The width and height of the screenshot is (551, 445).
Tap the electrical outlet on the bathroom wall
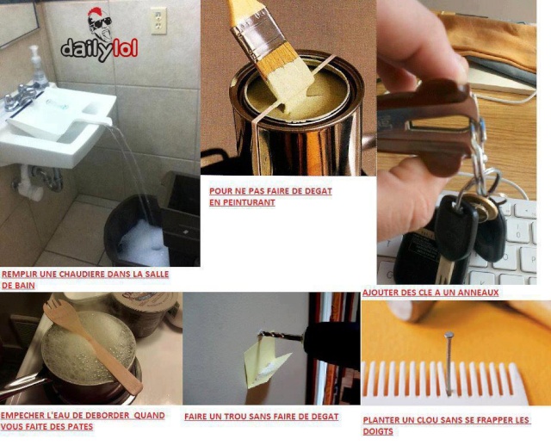point(158,21)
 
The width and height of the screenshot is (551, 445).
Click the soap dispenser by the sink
point(37,66)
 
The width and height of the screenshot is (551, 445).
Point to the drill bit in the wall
point(282,337)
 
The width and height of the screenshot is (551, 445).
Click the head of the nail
point(449,334)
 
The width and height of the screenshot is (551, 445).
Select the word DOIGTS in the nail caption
point(378,431)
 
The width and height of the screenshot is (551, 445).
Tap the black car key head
point(455,226)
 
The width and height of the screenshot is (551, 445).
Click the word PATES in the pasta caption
point(80,427)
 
